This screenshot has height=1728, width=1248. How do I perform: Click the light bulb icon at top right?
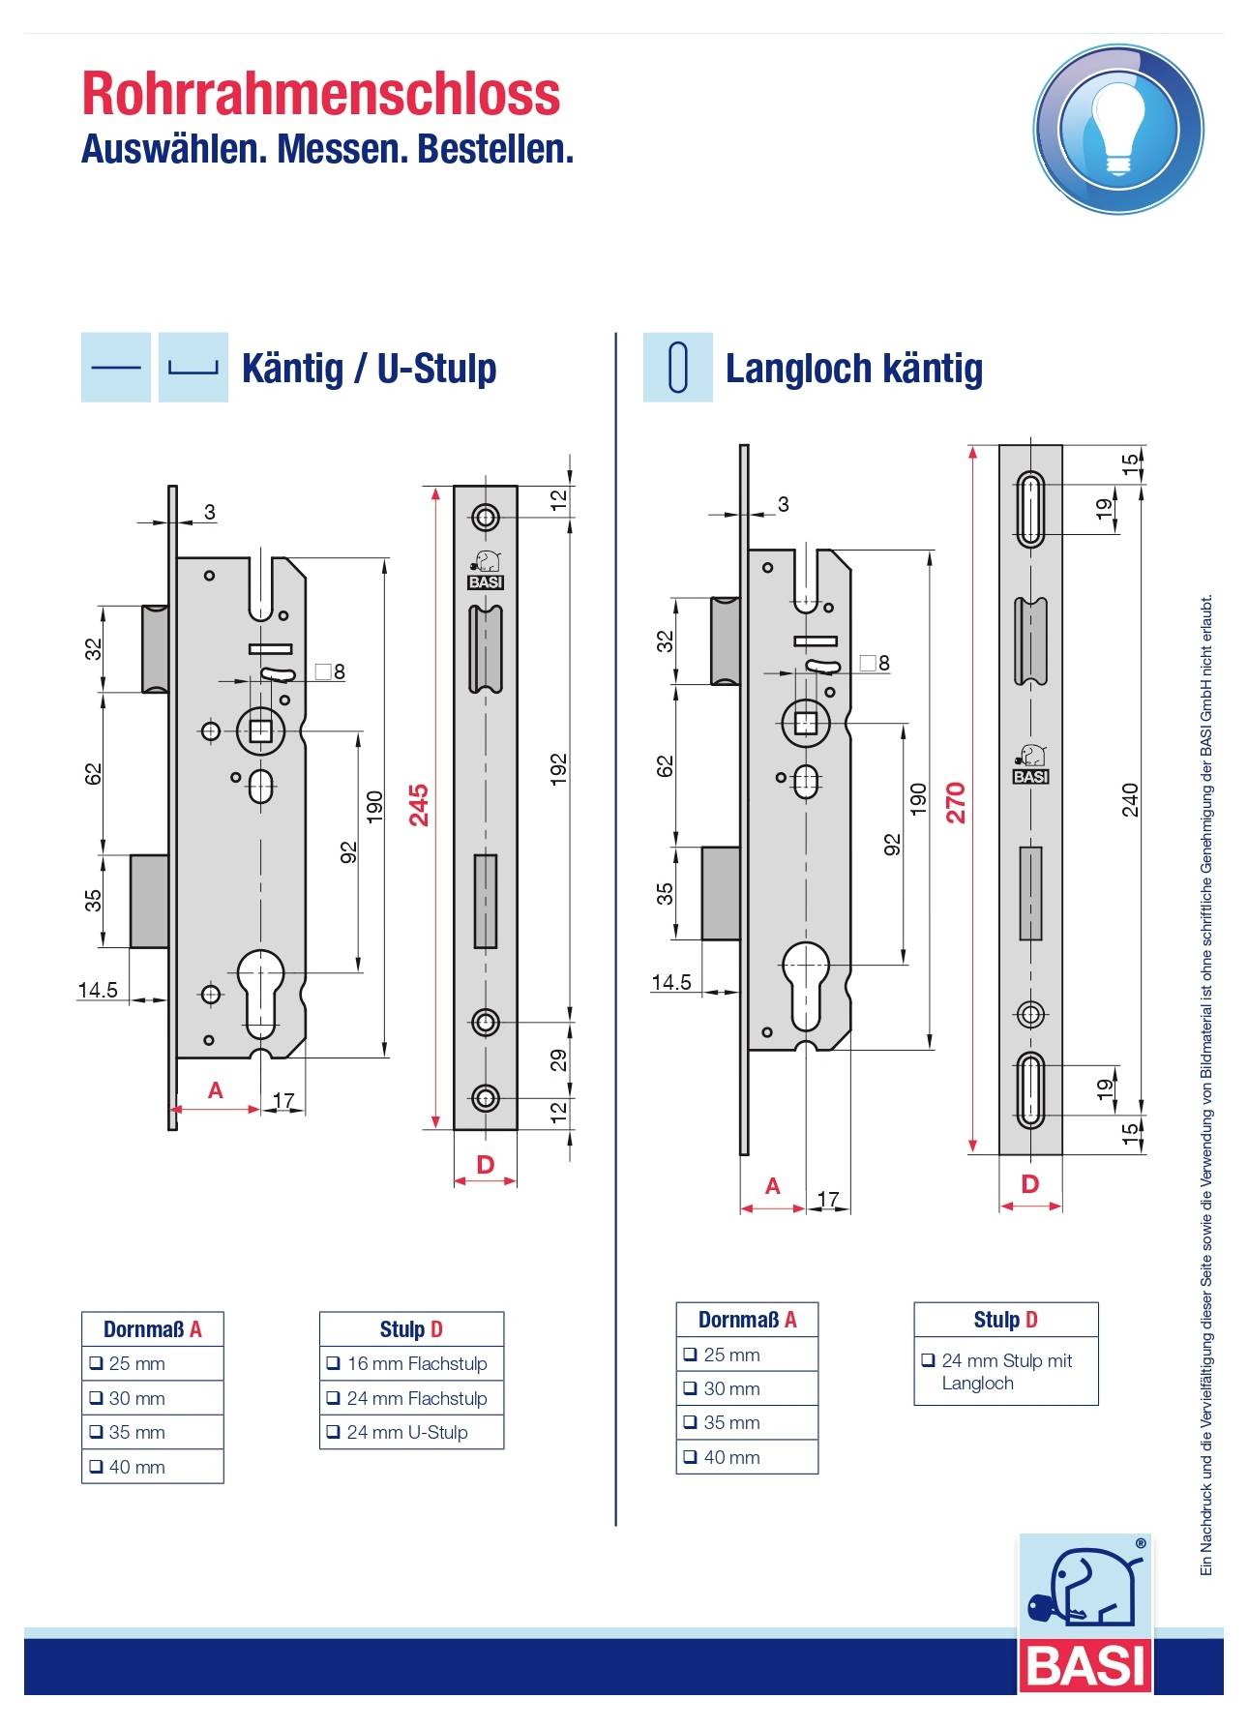click(x=1118, y=129)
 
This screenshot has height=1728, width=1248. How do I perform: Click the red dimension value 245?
click(x=419, y=805)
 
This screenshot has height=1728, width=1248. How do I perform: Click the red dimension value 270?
click(x=956, y=802)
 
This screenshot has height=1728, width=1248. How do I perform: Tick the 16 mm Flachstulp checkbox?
click(x=334, y=1363)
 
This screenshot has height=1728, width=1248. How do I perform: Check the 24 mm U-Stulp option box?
click(x=334, y=1432)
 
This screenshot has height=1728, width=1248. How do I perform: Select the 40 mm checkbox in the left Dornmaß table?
click(x=96, y=1467)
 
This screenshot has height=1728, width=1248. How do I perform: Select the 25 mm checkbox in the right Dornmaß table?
click(x=690, y=1355)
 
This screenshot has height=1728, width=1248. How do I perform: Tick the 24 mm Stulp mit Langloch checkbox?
click(x=928, y=1360)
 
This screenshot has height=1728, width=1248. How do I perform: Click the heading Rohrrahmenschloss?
click(x=321, y=94)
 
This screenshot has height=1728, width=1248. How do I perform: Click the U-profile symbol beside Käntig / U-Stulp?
click(x=193, y=368)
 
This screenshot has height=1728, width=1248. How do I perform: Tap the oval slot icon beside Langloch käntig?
click(x=678, y=368)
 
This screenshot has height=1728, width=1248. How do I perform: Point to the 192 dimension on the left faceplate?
click(x=558, y=769)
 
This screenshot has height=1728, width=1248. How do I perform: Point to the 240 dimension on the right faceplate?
click(x=1130, y=800)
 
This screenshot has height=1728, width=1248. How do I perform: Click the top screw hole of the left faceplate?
click(x=486, y=517)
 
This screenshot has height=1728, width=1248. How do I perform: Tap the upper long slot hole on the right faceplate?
click(x=1030, y=509)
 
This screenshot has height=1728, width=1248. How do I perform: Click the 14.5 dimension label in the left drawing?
click(x=98, y=990)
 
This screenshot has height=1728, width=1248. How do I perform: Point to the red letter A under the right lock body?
click(x=772, y=1186)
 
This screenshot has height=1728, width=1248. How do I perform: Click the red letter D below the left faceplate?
click(x=486, y=1165)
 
